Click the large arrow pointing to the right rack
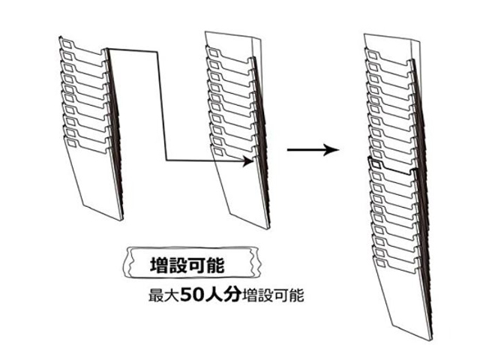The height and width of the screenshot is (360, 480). [x=311, y=149]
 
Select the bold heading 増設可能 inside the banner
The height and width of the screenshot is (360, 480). [x=185, y=265]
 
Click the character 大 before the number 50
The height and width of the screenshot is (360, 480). [x=172, y=295]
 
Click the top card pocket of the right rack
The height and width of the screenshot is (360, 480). [x=386, y=56]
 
